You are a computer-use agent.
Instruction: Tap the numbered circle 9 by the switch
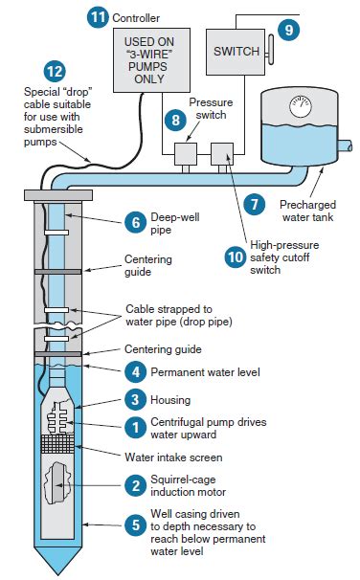point(288,29)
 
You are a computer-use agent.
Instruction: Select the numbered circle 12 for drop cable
point(56,71)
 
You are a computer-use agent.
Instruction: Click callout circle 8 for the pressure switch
point(175,120)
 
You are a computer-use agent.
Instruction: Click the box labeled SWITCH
point(236,50)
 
